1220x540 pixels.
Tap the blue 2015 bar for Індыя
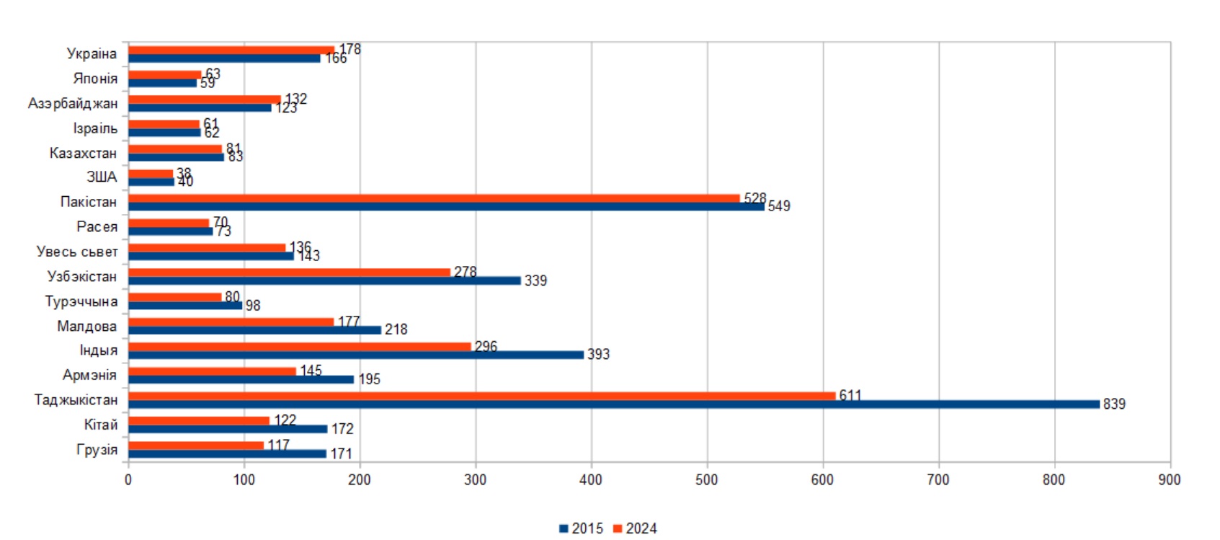tap(355, 355)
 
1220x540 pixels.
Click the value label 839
tap(1114, 404)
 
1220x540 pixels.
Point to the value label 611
tap(850, 395)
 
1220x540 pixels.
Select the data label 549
tap(779, 206)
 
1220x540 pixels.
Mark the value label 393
tap(598, 355)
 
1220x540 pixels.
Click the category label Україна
tap(92, 54)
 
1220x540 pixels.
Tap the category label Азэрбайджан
tap(73, 104)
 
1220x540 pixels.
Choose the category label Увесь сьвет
tap(77, 252)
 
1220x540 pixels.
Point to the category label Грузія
tap(97, 450)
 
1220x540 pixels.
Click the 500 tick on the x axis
tap(707, 480)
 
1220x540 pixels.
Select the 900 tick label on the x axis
tap(1169, 480)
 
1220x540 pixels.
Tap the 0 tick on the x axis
tap(128, 480)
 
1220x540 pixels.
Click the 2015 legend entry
tap(581, 528)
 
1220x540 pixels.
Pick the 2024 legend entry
tap(635, 528)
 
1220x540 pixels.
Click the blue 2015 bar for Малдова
tap(254, 330)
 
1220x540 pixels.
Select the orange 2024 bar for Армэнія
tap(212, 371)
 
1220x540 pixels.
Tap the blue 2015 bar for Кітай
tap(228, 429)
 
